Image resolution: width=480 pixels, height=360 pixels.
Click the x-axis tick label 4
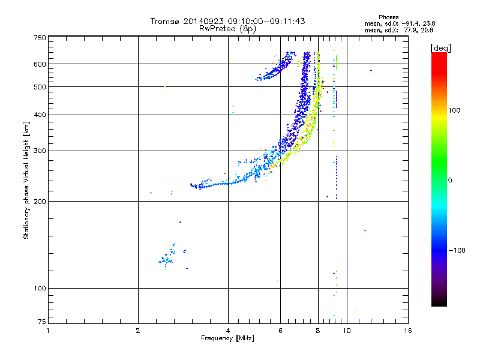click(x=228, y=331)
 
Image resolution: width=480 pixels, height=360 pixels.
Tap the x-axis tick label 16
click(x=407, y=331)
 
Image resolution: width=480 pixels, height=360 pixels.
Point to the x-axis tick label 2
click(x=138, y=331)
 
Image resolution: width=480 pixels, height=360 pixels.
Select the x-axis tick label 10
click(x=347, y=331)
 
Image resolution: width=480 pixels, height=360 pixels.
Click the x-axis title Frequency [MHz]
click(x=228, y=339)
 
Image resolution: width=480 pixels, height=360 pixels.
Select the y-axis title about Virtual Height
click(x=26, y=180)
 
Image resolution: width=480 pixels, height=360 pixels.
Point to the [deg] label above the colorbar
click(x=440, y=47)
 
